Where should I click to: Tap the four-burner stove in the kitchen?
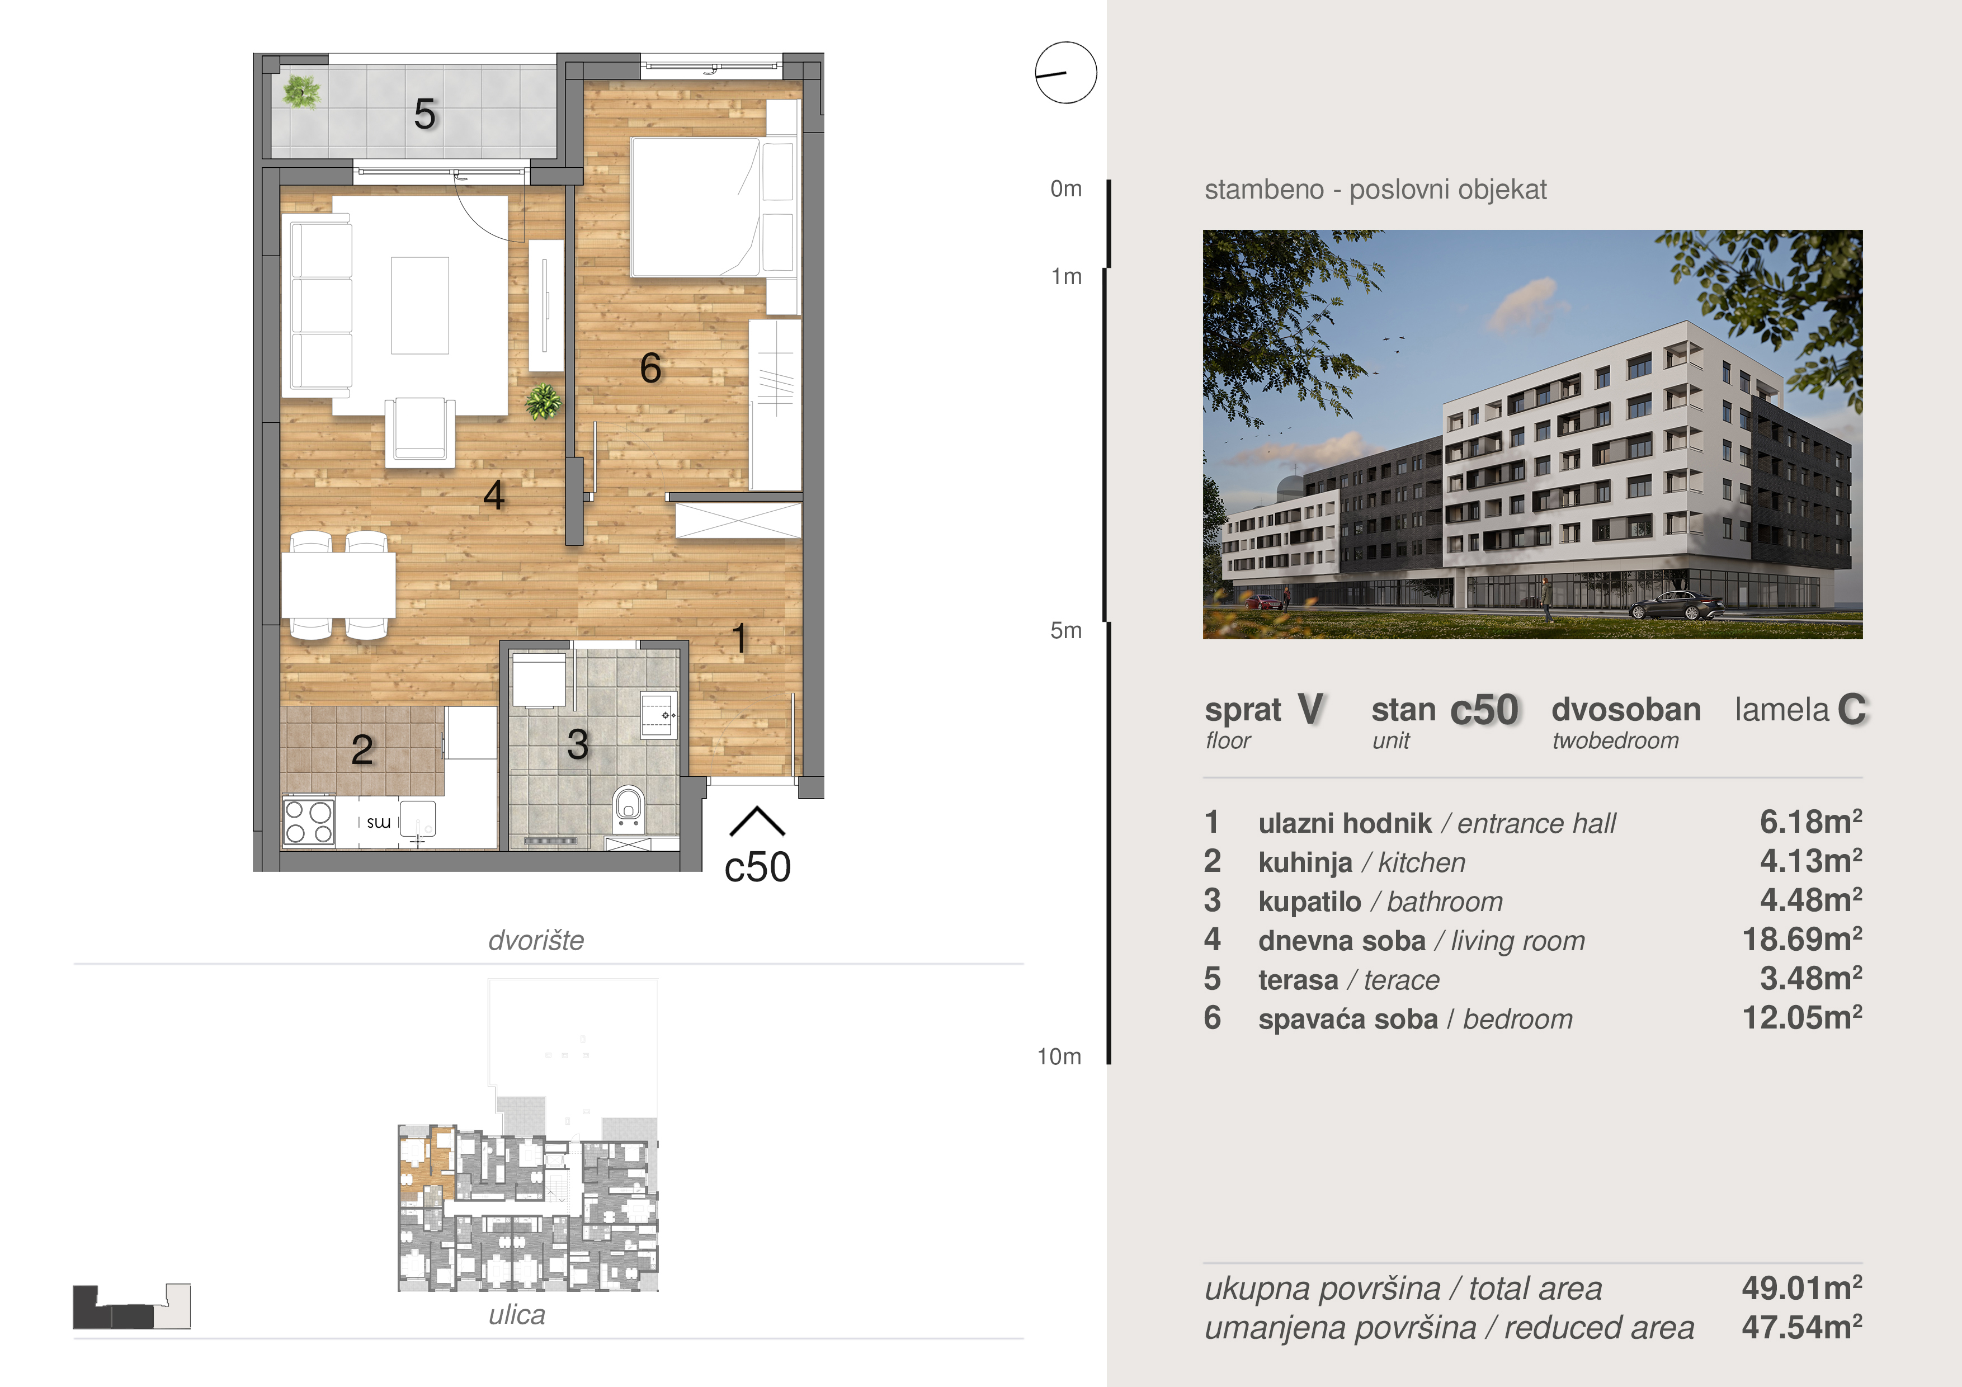tap(309, 821)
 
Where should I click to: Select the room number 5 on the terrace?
tap(425, 114)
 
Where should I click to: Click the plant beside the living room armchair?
tap(544, 401)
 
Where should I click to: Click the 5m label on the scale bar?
tap(1065, 631)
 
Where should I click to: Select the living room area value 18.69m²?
tap(1801, 939)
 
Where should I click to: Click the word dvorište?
tap(536, 940)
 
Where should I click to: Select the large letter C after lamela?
tap(1852, 709)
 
